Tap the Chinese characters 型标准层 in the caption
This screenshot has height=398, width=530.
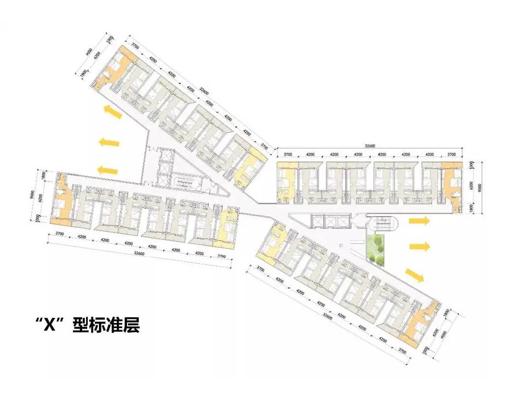point(106,325)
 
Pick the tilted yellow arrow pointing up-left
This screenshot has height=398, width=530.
point(112,111)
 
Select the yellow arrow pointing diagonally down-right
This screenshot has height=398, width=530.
point(415,275)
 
